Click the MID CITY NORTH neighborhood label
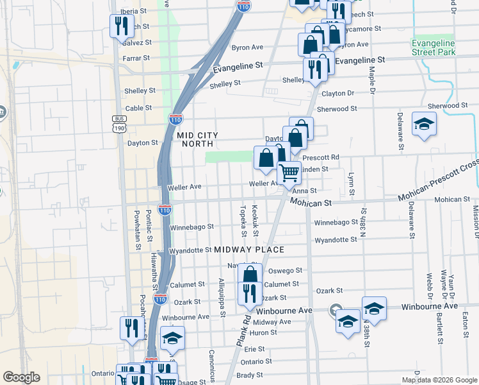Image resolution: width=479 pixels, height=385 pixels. tap(198, 140)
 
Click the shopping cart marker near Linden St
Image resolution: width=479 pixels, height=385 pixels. tap(289, 172)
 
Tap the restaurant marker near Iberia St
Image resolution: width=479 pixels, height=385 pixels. tap(120, 27)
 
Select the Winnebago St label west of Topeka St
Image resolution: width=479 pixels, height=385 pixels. tap(191, 227)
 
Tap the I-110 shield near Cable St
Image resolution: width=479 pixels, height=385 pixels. tap(175, 119)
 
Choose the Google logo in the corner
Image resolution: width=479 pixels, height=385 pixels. tap(21, 377)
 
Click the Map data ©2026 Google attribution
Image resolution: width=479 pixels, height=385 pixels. tap(439, 380)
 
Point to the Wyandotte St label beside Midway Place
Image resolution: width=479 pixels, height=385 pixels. tap(190, 250)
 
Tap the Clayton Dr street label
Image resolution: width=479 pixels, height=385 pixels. tap(337, 94)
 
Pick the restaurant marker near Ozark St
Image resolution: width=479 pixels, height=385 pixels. tap(248, 293)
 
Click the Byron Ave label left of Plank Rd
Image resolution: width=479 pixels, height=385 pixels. tap(247, 47)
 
